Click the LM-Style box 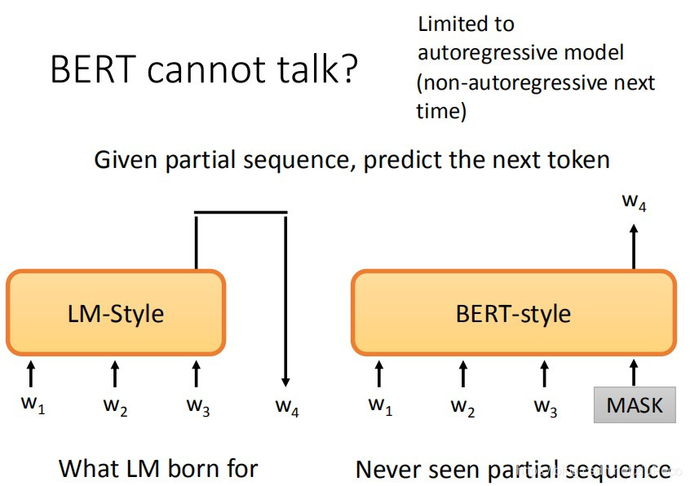[116, 313]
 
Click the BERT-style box [513, 313]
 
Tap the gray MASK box [635, 404]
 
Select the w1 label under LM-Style [32, 405]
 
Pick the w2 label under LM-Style [115, 406]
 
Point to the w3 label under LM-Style [197, 406]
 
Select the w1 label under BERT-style [380, 405]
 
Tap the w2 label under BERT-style [462, 406]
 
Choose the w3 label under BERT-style [545, 406]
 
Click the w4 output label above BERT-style [635, 201]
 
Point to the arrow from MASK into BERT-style [635, 373]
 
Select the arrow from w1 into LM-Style [32, 373]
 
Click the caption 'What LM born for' [158, 469]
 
